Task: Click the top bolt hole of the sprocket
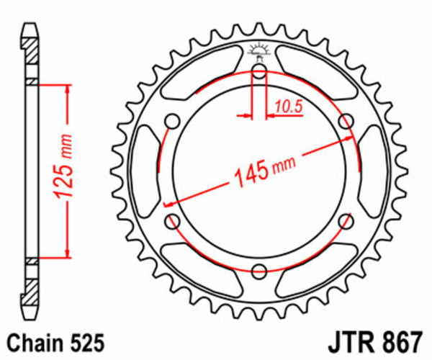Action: pyautogui.click(x=259, y=71)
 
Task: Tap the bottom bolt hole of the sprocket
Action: pyautogui.click(x=259, y=271)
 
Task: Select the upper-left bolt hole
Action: pyautogui.click(x=173, y=120)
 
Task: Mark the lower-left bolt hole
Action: pyautogui.click(x=173, y=221)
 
